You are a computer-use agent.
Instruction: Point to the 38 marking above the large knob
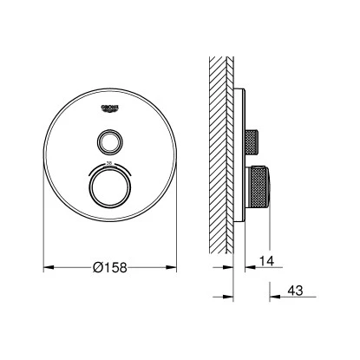click(110, 162)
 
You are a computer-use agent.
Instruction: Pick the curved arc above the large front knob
click(110, 167)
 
